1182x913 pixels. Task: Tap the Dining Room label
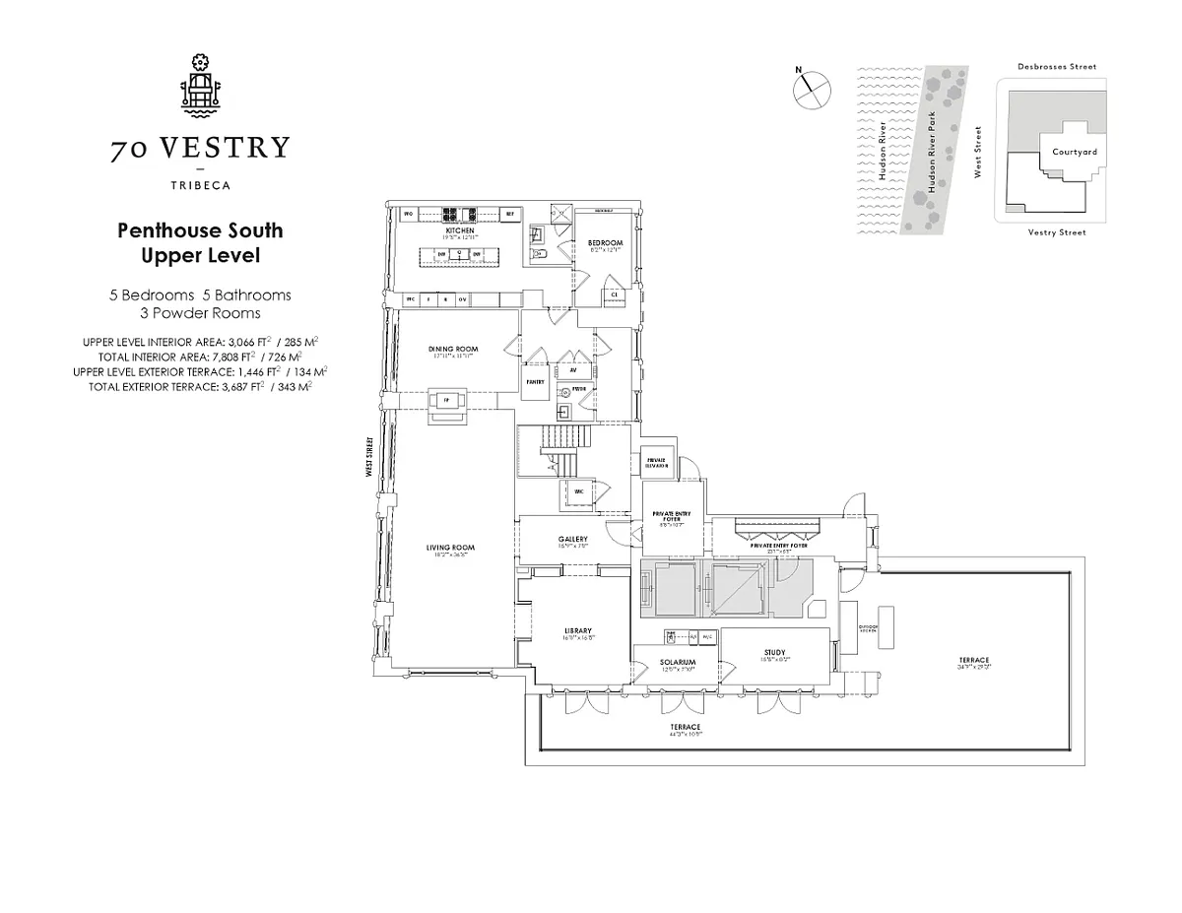point(453,349)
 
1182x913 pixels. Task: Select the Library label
point(577,631)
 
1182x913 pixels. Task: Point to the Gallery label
point(572,539)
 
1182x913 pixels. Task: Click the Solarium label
point(678,662)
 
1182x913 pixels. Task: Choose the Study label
point(773,653)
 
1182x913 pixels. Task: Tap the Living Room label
point(451,548)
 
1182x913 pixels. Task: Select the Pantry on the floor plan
point(536,380)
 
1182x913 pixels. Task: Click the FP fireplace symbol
point(446,400)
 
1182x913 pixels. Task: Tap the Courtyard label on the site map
point(1074,152)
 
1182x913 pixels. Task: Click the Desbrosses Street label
point(1056,67)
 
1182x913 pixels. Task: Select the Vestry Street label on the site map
point(1056,232)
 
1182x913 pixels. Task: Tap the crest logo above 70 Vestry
point(200,88)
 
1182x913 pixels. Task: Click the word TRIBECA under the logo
point(200,183)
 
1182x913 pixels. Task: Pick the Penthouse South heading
point(200,231)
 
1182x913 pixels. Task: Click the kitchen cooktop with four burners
point(459,213)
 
